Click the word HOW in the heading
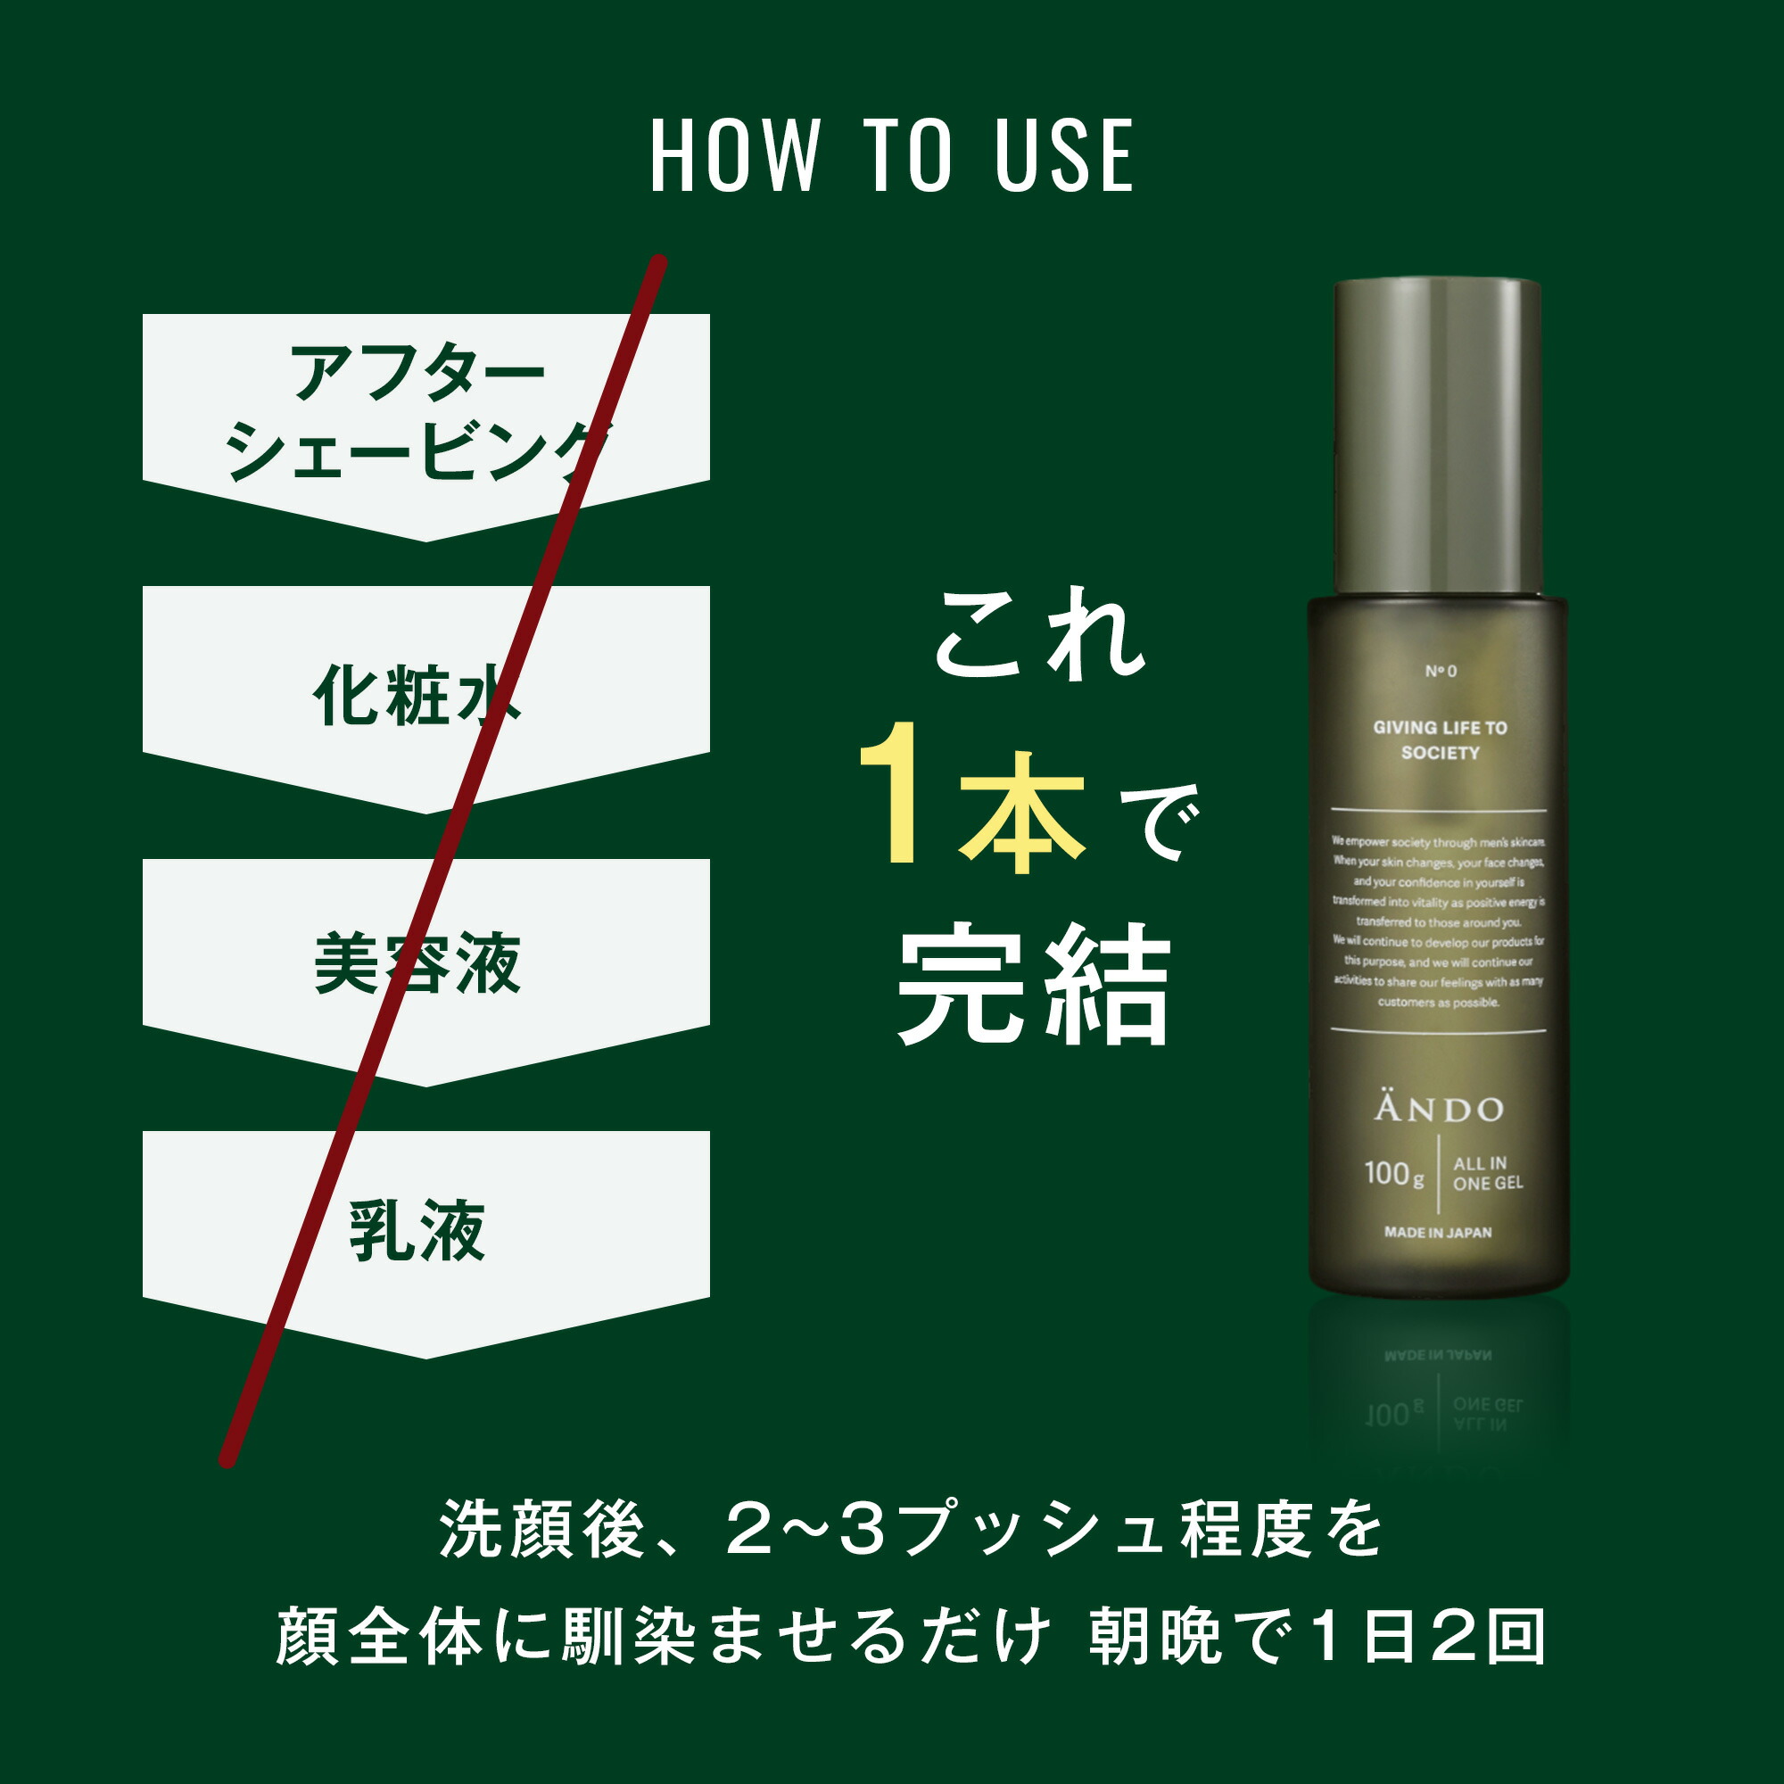(734, 156)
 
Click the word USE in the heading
(1064, 156)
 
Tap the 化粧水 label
(417, 696)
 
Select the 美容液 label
(417, 964)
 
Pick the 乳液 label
(417, 1231)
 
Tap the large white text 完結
(1034, 987)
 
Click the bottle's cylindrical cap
(1438, 434)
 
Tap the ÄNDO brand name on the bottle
(1439, 1108)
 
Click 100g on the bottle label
(1393, 1174)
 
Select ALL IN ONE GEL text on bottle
(1487, 1173)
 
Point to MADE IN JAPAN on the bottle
(1438, 1232)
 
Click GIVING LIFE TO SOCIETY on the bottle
(1440, 739)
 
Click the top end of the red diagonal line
(659, 263)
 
